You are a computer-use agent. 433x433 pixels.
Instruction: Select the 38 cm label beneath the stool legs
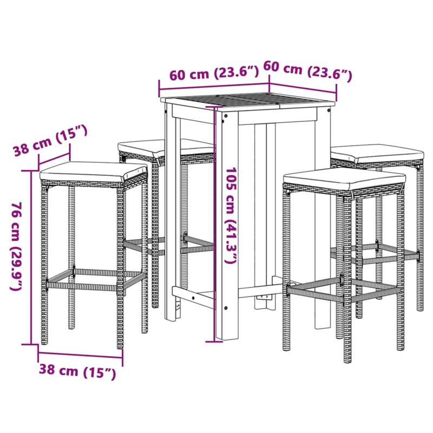77,371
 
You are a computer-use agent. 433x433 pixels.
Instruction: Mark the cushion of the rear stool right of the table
377,153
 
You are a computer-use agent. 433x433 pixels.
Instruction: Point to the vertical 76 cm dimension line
30,254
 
